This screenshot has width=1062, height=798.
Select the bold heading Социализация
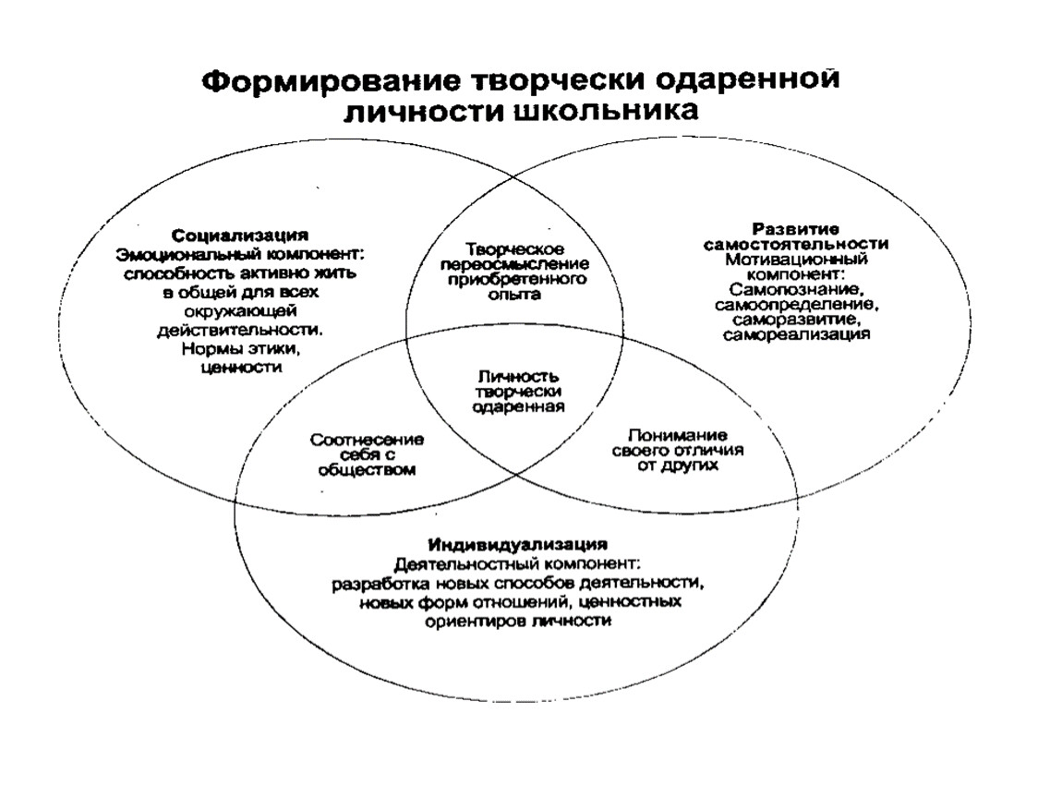tap(240, 236)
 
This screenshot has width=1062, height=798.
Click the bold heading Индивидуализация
tap(518, 544)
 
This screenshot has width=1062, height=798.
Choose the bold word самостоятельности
tap(796, 244)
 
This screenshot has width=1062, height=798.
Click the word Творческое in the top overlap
tap(514, 249)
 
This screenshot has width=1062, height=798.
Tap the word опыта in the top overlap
tap(514, 295)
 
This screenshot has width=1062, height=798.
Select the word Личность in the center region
tap(518, 377)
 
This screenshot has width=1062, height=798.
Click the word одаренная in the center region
tap(518, 407)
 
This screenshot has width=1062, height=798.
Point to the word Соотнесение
tap(368, 441)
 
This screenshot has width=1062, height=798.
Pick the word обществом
tap(367, 470)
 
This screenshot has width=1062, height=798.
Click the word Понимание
tap(677, 435)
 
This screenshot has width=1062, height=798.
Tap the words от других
tap(677, 465)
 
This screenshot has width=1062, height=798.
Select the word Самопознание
tap(796, 289)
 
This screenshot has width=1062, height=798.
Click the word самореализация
tap(796, 334)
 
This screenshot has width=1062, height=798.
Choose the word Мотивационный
tap(796, 260)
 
